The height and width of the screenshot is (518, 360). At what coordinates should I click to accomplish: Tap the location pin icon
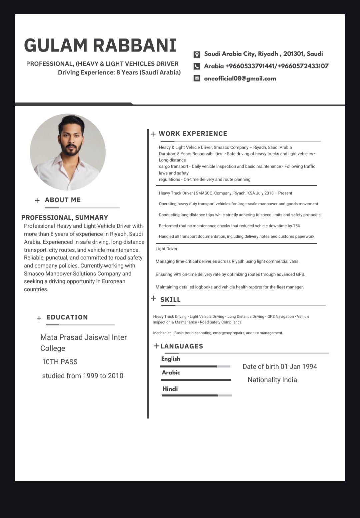[197, 54]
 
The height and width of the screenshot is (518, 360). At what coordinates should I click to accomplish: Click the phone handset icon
[197, 66]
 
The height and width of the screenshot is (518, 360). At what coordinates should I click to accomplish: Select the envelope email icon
[197, 78]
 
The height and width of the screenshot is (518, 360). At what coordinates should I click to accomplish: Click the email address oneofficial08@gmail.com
[240, 79]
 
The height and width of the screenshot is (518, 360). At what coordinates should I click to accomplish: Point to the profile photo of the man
[68, 152]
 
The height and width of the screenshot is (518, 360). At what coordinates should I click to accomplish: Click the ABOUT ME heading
[63, 200]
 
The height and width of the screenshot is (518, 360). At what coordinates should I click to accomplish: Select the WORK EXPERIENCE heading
[193, 134]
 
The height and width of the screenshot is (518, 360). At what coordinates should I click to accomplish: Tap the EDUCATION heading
[67, 317]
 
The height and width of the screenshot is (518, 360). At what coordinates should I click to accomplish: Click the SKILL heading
[170, 300]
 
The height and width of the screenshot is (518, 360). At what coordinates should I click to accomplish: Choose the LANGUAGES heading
[182, 346]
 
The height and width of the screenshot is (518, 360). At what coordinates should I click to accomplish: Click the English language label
[171, 359]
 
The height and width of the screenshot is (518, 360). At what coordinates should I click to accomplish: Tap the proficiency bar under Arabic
[196, 380]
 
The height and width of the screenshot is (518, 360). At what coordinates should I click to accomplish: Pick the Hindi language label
[170, 389]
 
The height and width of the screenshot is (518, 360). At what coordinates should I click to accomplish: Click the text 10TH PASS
[60, 362]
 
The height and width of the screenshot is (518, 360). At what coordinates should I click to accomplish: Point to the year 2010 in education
[115, 376]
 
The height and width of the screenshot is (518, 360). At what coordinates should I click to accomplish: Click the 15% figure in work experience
[297, 226]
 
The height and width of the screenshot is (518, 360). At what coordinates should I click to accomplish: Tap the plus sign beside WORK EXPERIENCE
[153, 134]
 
